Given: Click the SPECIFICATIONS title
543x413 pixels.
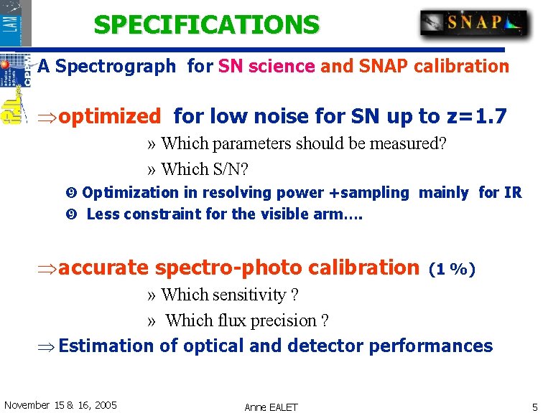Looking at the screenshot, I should (206, 25).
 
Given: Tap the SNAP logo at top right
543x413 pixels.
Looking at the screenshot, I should (474, 24).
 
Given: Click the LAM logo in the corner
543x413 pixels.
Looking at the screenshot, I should (16, 23).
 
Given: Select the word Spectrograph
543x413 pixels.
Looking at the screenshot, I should (116, 67).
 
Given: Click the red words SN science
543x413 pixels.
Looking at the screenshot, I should (266, 67).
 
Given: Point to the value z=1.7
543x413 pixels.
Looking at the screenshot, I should (480, 115).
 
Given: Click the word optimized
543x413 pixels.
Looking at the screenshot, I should (109, 116).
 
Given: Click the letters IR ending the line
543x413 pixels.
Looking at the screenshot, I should (513, 192).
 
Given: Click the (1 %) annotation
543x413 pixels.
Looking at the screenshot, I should (452, 270).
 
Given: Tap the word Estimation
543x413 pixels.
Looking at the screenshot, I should (106, 346).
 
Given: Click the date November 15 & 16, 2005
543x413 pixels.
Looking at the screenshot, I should (60, 405).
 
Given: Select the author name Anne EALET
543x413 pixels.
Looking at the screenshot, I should (271, 407).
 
